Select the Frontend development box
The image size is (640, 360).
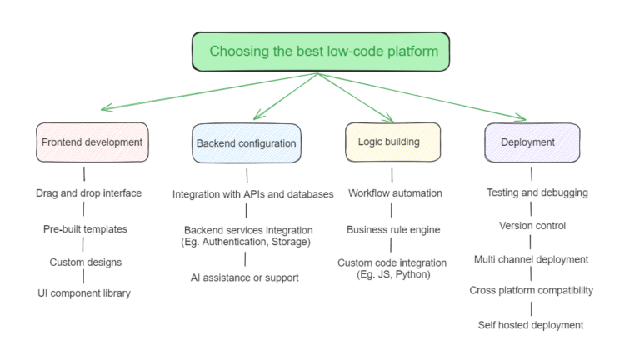point(92,142)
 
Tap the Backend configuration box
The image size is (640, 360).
point(246,143)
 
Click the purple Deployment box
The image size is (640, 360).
point(532,142)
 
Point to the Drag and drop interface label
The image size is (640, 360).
point(88,192)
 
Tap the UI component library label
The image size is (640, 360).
point(84,293)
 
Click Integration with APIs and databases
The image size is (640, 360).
point(253,194)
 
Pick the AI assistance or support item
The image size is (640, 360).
point(245,277)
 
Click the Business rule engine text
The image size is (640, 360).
point(393,229)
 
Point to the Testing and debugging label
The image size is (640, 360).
point(537,192)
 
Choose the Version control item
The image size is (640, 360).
point(532,225)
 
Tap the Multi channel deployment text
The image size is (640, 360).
point(531,259)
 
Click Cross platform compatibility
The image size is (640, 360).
point(531,290)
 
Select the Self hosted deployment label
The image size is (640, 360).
point(531,324)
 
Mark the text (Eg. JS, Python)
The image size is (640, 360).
point(392,274)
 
